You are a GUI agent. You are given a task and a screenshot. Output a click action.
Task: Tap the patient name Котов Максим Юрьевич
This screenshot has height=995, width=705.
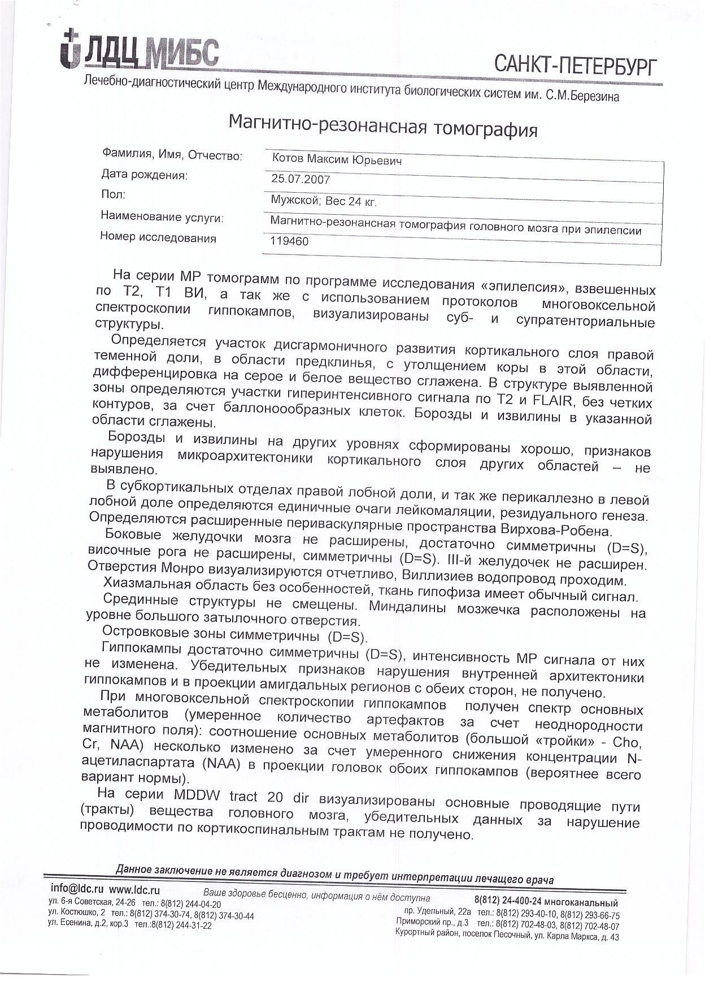337,161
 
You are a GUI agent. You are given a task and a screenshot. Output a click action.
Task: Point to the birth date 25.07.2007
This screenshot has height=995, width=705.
301,180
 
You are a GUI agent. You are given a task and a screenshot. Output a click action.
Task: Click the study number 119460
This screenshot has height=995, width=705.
290,242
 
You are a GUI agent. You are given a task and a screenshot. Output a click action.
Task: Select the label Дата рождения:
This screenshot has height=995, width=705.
144,175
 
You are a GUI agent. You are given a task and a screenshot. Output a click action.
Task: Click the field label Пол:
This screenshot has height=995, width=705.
113,195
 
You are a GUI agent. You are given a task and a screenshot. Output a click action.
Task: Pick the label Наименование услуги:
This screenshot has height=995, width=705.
162,217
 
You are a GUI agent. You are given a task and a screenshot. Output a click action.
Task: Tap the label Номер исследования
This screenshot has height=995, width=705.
158,238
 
